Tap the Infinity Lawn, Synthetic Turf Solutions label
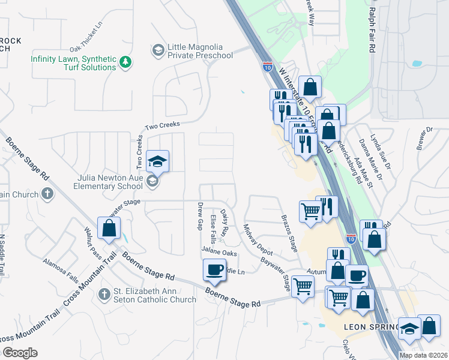click(x=74, y=63)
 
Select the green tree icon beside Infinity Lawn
click(x=125, y=62)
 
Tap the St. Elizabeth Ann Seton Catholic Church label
click(x=154, y=296)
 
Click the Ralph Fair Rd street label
click(x=373, y=28)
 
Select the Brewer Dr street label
click(x=425, y=137)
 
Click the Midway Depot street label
click(x=254, y=238)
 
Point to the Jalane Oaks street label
click(x=219, y=253)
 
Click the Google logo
click(x=20, y=353)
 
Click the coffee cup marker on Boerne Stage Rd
click(x=214, y=271)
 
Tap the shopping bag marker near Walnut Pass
click(x=109, y=228)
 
